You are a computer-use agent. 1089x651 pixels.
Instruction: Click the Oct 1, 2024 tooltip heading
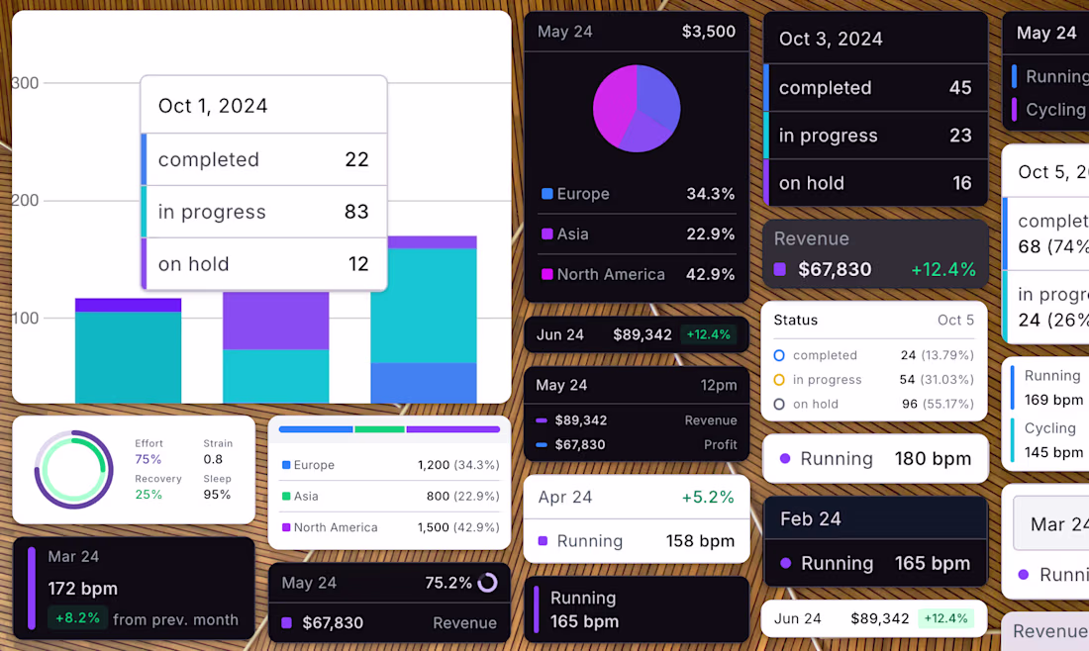pyautogui.click(x=213, y=106)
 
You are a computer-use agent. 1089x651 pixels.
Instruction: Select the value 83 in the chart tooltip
pyautogui.click(x=356, y=212)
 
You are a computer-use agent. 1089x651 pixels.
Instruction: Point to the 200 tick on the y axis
pyautogui.click(x=25, y=201)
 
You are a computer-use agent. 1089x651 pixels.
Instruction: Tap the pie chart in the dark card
pyautogui.click(x=637, y=109)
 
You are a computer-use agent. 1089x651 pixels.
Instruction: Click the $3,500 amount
pyautogui.click(x=709, y=32)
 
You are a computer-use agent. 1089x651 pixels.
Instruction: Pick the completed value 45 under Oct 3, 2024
pyautogui.click(x=960, y=88)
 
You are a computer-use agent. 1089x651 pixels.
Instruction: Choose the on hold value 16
pyautogui.click(x=961, y=183)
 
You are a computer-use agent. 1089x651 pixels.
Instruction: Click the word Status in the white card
pyautogui.click(x=796, y=321)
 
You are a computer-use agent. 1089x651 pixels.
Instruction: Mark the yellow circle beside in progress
pyautogui.click(x=779, y=380)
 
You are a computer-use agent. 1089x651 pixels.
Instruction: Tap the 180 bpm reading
pyautogui.click(x=933, y=459)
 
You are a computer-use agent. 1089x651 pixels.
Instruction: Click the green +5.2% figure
pyautogui.click(x=709, y=498)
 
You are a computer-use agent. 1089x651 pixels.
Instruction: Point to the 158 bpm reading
pyautogui.click(x=700, y=541)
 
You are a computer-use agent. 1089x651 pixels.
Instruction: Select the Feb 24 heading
pyautogui.click(x=810, y=519)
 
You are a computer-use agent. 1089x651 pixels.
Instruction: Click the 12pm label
pyautogui.click(x=719, y=385)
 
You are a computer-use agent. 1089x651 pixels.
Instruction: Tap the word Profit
pyautogui.click(x=720, y=445)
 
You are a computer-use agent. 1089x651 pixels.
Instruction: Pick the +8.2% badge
pyautogui.click(x=76, y=619)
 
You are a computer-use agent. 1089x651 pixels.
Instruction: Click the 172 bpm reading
pyautogui.click(x=82, y=589)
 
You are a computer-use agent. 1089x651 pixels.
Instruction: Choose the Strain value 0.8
pyautogui.click(x=213, y=459)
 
